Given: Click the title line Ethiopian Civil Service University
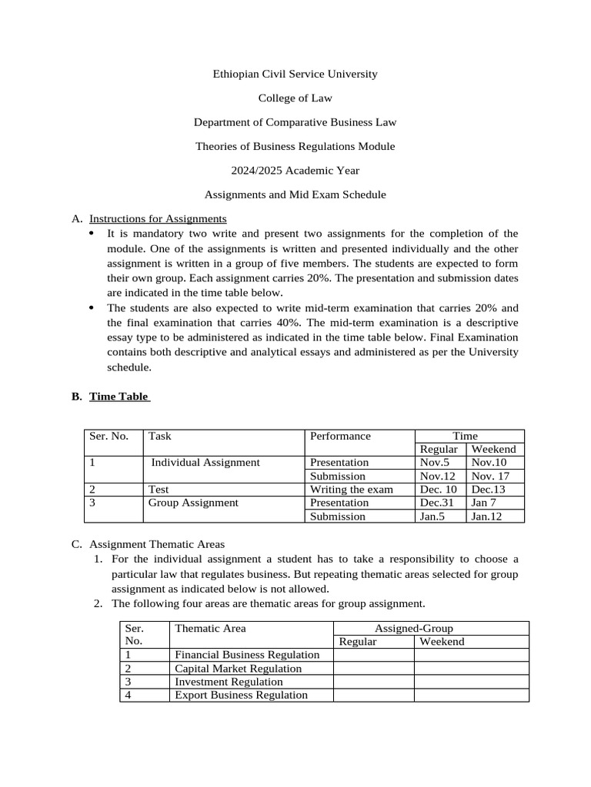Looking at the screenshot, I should pos(295,74).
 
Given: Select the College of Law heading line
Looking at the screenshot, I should pos(295,98).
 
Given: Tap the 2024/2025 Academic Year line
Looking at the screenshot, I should pos(295,170).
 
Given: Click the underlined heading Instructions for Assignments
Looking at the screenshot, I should pos(158,218).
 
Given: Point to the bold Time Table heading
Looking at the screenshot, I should pos(119,397).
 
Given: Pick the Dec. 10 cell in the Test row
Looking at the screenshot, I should pos(438,489).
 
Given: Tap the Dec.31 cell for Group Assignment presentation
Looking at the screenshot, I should pos(436,503).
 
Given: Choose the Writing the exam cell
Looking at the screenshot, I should pos(351,489).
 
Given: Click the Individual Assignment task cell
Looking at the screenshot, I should pos(205,462).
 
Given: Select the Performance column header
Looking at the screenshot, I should pos(340,436).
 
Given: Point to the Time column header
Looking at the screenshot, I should pos(469,436).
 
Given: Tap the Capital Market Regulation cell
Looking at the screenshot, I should pos(227,668).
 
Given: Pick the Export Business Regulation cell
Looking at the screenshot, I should pos(241,695).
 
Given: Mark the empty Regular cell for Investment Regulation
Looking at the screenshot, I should pos(373,682).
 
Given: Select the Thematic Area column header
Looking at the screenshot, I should pos(210,628).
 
